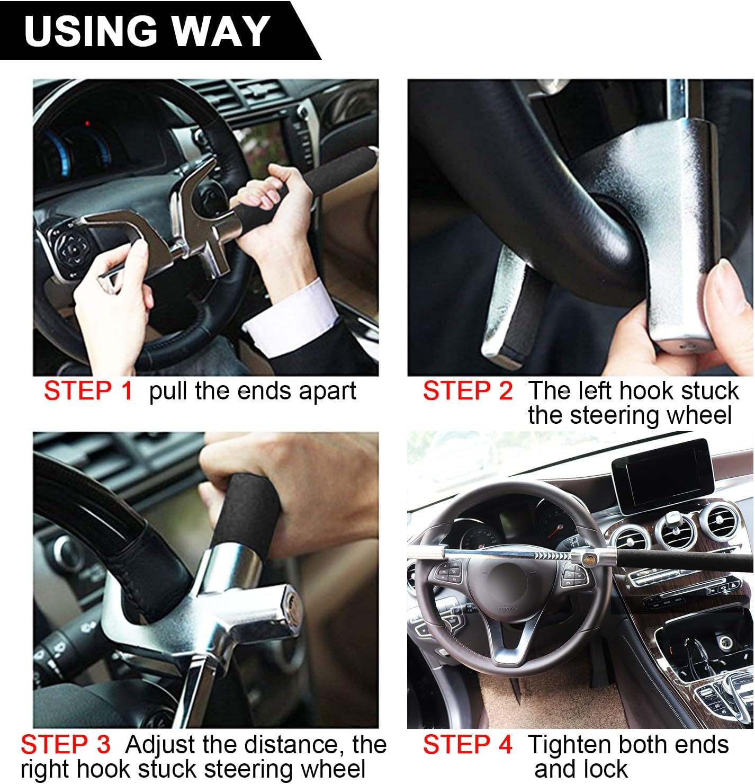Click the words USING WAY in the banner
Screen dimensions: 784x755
click(x=147, y=30)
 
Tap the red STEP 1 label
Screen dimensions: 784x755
click(x=88, y=391)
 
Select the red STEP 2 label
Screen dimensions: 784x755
click(x=468, y=391)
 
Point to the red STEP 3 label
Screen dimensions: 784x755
click(x=66, y=745)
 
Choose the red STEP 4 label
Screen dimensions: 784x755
click(x=468, y=745)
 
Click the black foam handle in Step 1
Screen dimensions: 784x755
click(x=312, y=185)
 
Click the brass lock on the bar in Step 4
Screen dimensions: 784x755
click(x=587, y=557)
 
